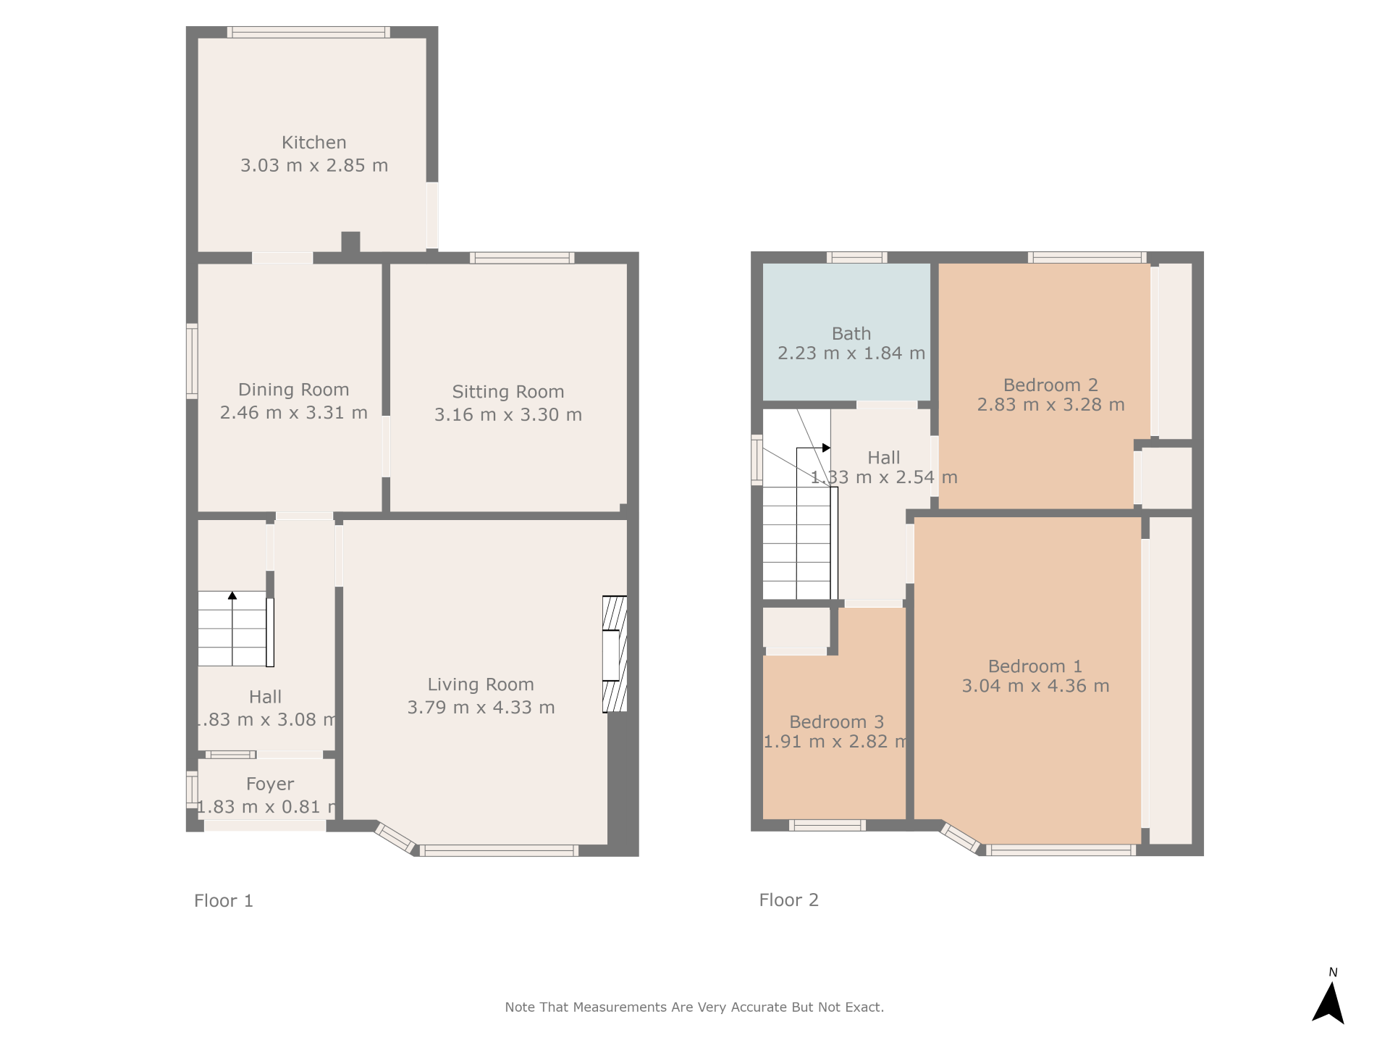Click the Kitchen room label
click(313, 143)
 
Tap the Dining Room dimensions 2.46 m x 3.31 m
click(294, 413)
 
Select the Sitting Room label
click(508, 392)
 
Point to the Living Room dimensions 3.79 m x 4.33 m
click(481, 708)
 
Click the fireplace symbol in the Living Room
click(615, 654)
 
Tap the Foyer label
click(270, 784)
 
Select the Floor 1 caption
click(224, 900)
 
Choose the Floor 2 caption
click(789, 900)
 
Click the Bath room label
click(851, 334)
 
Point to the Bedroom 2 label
click(1050, 385)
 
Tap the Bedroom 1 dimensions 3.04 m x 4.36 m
click(1035, 686)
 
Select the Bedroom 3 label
click(837, 722)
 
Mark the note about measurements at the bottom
click(694, 1007)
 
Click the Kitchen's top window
click(308, 32)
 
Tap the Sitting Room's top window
click(522, 258)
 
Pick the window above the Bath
click(857, 257)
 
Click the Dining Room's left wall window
click(192, 361)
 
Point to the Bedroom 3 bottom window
click(827, 825)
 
